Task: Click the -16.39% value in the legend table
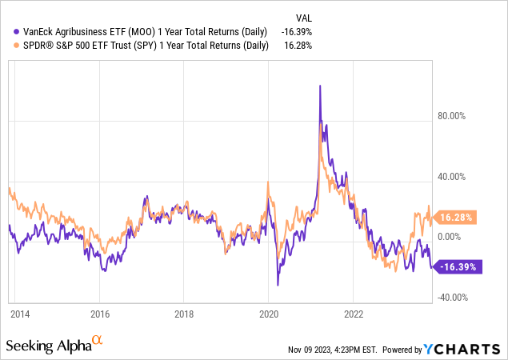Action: point(294,30)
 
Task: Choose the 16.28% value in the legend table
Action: point(295,46)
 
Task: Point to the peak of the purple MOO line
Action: point(320,86)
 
